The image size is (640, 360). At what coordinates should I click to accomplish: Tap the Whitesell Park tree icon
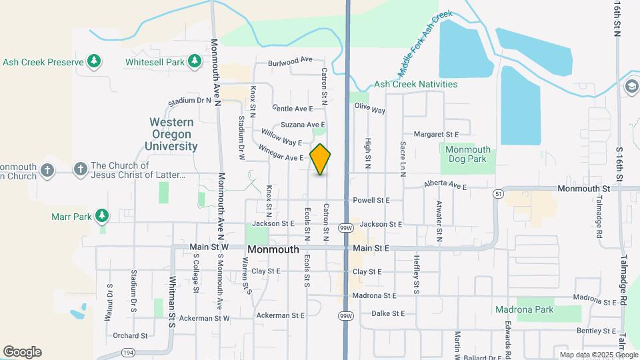(195, 62)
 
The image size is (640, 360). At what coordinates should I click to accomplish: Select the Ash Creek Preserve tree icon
(94, 62)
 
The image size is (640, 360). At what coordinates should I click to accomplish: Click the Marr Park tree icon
(101, 216)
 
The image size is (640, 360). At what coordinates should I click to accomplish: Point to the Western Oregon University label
(172, 134)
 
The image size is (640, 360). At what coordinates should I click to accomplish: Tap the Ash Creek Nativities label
(415, 85)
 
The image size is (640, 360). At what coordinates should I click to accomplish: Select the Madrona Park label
(524, 309)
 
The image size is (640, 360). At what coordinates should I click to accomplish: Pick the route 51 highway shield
(498, 193)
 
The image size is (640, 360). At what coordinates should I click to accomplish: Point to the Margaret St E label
(437, 134)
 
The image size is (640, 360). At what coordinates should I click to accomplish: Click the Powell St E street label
(371, 200)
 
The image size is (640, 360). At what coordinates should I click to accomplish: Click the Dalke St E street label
(388, 313)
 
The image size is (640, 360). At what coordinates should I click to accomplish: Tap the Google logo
(22, 352)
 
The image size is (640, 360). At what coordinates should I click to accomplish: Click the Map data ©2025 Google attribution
(597, 355)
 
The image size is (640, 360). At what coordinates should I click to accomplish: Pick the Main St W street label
(209, 247)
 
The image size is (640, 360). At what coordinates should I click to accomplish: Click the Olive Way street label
(370, 109)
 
